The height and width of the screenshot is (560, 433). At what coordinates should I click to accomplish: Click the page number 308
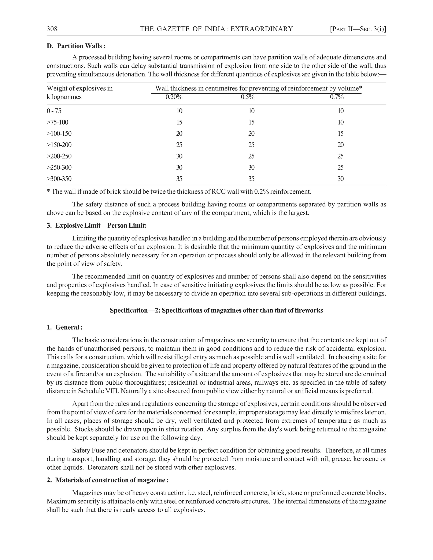coord(52,29)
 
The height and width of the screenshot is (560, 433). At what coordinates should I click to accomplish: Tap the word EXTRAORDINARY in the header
coord(262,29)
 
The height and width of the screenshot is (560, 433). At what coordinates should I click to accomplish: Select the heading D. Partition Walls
coord(76,46)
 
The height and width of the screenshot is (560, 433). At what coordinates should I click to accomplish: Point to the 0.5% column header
coord(248,97)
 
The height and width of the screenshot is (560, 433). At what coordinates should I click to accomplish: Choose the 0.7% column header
coord(337,97)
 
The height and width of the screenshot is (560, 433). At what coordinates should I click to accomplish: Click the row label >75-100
coord(58,122)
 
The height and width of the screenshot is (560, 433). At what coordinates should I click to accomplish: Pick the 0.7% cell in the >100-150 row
coord(340,134)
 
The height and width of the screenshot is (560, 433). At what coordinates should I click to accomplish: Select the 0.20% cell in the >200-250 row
coord(179,156)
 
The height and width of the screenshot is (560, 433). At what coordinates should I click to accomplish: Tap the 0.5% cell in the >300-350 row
coord(251,179)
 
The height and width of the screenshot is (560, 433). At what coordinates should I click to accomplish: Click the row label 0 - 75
coord(54,111)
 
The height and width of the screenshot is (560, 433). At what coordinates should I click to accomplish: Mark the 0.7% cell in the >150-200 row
coord(340,145)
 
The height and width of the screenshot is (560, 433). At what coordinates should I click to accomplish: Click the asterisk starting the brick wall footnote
coord(48,191)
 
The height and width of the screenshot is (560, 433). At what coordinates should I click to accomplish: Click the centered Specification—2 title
coord(216,310)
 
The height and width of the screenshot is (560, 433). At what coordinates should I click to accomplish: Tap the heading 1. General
coord(65,327)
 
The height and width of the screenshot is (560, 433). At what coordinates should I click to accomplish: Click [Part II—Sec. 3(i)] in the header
coord(358,29)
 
